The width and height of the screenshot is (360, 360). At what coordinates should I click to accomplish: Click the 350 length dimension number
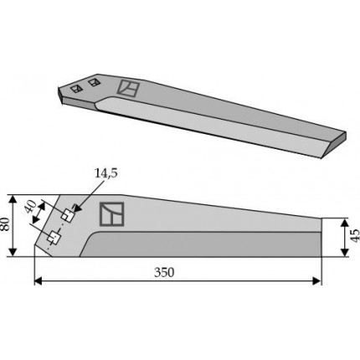tap(164, 272)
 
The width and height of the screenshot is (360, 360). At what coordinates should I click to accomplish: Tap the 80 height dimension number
tap(6, 224)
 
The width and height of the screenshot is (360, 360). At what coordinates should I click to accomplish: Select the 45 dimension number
tap(355, 236)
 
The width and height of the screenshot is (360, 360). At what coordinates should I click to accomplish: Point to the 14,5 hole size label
tap(106, 173)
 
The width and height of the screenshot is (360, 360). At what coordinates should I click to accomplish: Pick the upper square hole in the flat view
tap(68, 215)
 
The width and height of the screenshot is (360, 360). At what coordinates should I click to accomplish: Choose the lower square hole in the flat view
tap(54, 238)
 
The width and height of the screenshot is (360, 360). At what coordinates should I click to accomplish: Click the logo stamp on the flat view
tap(111, 214)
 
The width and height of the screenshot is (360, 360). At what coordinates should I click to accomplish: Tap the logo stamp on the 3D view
tap(128, 88)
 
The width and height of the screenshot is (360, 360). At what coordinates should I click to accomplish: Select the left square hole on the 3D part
tap(76, 89)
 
